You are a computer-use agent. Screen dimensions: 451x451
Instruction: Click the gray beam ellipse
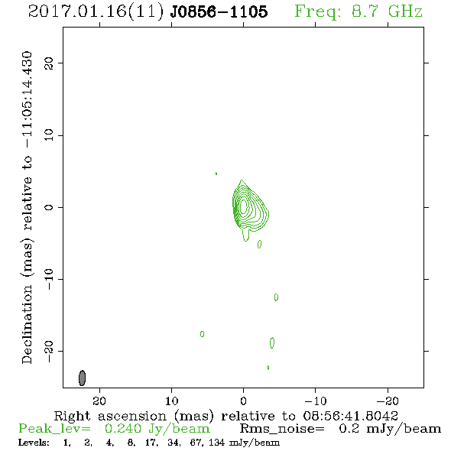[83, 378]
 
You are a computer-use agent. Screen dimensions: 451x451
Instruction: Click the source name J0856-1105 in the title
[219, 11]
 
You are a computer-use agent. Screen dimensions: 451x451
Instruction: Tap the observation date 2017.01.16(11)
[96, 11]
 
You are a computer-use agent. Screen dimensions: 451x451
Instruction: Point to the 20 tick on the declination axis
[49, 63]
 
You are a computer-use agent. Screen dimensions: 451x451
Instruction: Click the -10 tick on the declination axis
[49, 279]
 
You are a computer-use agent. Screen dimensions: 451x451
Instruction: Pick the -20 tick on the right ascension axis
[388, 401]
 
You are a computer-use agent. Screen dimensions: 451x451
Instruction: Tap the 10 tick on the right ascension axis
[172, 401]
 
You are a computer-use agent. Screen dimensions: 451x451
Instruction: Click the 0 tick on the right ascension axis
[243, 401]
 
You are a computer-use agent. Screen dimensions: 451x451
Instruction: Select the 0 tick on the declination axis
[49, 207]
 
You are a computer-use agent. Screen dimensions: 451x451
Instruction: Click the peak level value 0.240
[123, 429]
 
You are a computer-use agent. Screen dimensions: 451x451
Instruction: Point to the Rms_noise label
[282, 429]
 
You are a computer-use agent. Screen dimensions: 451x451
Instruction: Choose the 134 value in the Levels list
[216, 443]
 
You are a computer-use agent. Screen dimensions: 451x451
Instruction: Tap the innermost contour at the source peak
[243, 206]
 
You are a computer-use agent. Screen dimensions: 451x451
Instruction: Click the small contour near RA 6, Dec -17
[203, 334]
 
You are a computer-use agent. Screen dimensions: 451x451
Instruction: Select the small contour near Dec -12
[276, 297]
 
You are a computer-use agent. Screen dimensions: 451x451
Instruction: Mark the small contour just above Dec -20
[272, 342]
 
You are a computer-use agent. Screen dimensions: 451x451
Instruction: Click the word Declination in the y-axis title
[27, 324]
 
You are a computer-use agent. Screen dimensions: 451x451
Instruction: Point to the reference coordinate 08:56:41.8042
[351, 416]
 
